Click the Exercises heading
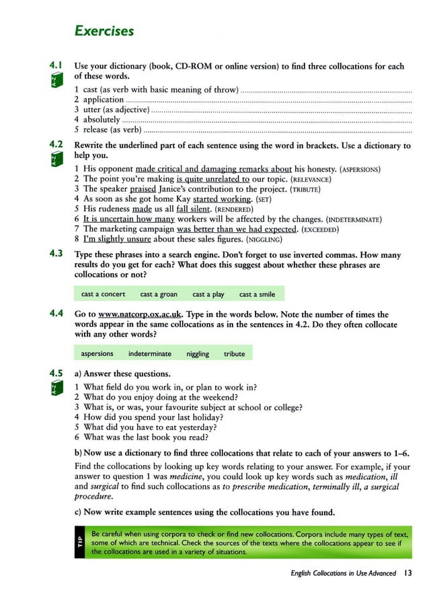104,31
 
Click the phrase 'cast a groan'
159,294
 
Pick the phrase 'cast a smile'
257,294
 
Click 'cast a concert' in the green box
103,294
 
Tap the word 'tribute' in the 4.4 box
235,353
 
